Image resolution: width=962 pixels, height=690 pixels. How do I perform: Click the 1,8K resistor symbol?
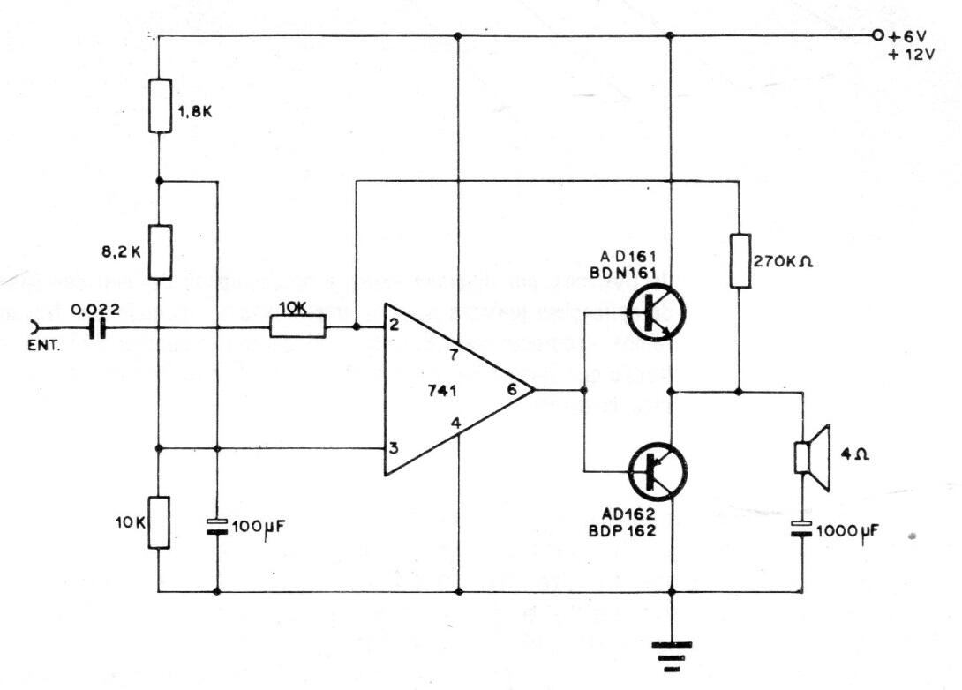(x=159, y=106)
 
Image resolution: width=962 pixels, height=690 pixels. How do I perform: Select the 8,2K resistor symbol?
(x=159, y=251)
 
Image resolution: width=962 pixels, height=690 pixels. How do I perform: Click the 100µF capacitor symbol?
(x=216, y=527)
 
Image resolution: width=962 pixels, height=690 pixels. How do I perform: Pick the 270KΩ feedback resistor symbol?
(x=740, y=260)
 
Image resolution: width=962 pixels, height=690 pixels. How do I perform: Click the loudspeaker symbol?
(x=812, y=457)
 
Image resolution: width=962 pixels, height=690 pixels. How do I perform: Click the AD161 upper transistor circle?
(x=657, y=313)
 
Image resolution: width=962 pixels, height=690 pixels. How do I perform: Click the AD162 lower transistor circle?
(x=657, y=469)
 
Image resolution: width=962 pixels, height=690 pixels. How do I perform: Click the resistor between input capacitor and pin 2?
(x=298, y=328)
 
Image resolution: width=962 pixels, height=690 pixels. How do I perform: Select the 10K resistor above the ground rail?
(x=159, y=522)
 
